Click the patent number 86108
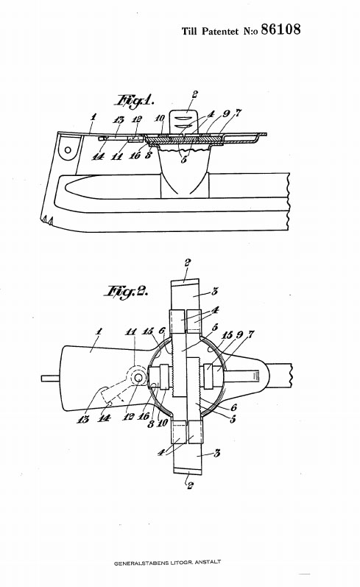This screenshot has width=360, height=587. coord(280,29)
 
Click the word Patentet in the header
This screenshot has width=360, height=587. coord(219,31)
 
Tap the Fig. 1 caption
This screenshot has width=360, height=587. coord(135,101)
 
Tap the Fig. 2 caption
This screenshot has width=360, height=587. coord(127,291)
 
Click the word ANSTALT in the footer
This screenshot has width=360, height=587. coord(208,562)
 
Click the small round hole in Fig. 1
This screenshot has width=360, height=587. coord(68,150)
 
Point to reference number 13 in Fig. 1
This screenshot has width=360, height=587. coord(119,120)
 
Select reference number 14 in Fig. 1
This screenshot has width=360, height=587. coord(98,157)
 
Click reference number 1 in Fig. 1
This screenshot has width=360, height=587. coord(93,117)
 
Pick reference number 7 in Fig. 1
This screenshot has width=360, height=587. coord(239,112)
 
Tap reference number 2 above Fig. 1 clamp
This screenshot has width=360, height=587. coord(194,94)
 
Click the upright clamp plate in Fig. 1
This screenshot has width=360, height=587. coord(184,122)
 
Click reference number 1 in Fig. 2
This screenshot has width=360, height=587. coord(99,331)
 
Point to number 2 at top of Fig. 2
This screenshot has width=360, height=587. coord(187,263)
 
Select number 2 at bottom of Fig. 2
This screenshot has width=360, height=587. coord(190,485)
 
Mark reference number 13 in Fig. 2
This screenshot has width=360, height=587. coord(83,419)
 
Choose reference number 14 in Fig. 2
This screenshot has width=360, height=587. coord(103,418)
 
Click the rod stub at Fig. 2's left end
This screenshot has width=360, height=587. coord(50,379)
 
